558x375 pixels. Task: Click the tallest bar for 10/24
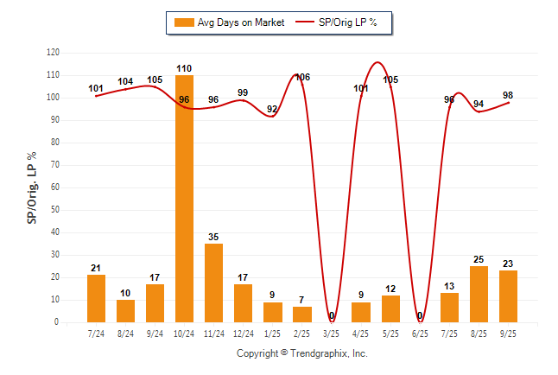click(184, 199)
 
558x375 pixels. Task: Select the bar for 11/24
click(213, 283)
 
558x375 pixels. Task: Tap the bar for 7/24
click(96, 298)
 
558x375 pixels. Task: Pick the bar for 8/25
click(479, 294)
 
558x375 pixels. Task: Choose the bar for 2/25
click(302, 314)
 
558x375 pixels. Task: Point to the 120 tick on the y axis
click(54, 53)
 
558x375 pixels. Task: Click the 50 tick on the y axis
click(56, 210)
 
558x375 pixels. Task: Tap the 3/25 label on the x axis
click(332, 333)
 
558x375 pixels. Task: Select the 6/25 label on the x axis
click(420, 333)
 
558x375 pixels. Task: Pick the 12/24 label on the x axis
click(243, 333)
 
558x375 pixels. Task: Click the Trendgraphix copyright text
click(301, 353)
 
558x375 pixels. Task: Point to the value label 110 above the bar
click(184, 68)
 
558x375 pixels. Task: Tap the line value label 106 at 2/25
click(302, 78)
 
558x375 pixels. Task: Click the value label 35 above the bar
click(213, 237)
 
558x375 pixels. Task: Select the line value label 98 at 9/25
click(509, 94)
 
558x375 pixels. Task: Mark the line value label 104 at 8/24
click(126, 82)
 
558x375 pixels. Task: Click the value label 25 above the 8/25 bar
click(479, 259)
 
